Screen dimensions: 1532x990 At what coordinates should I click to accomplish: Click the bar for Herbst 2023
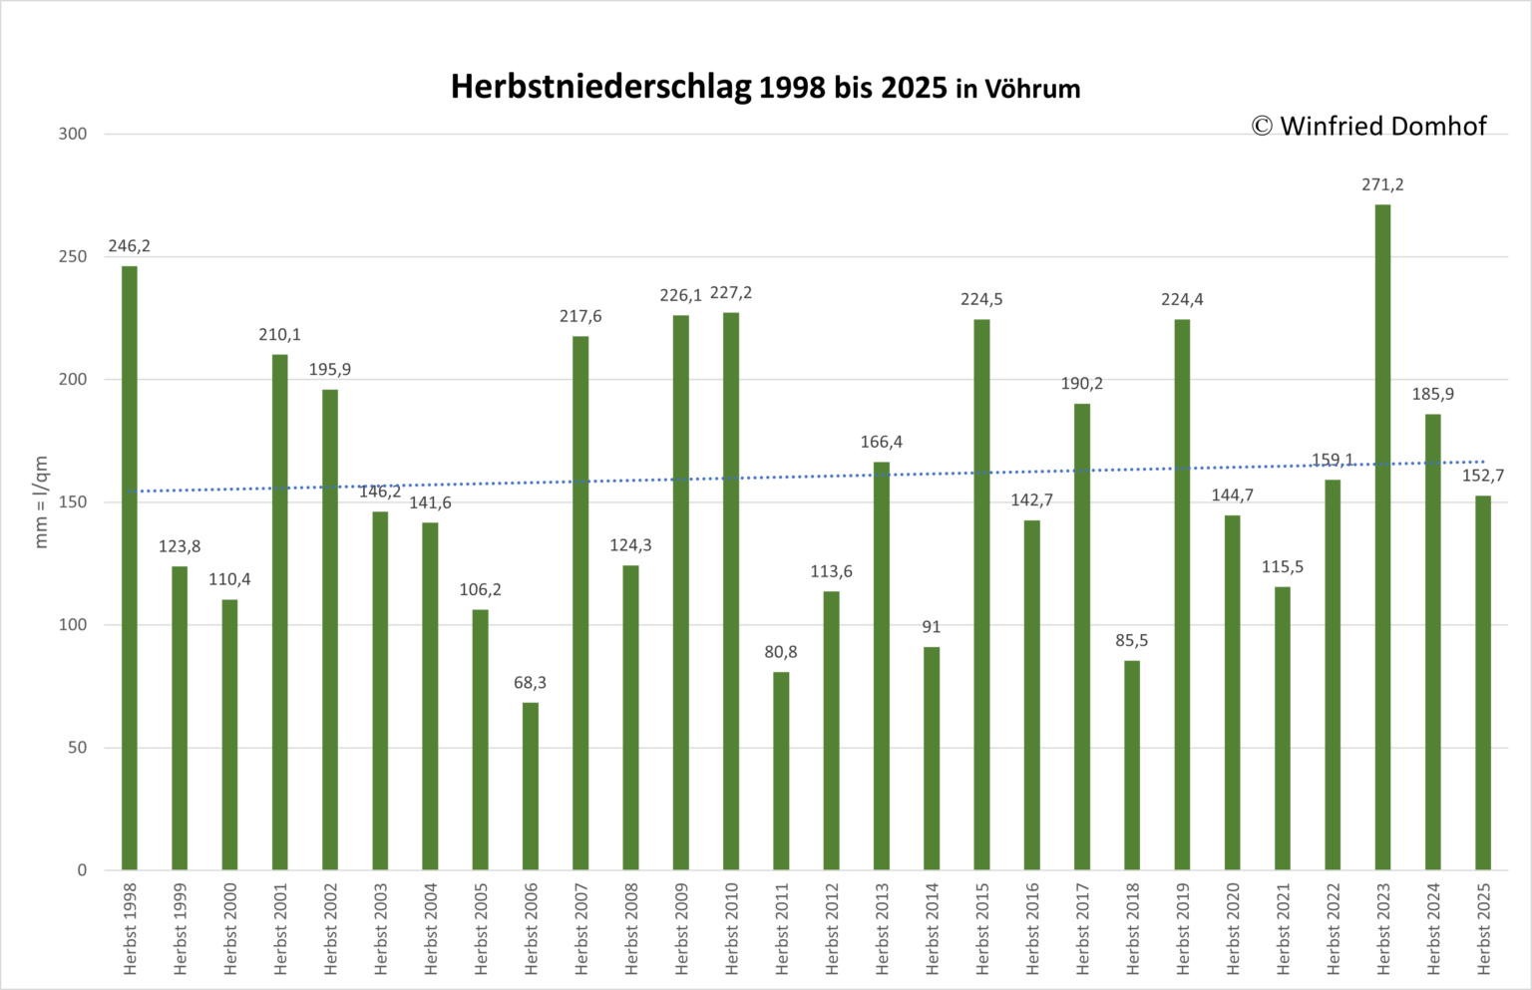pos(1382,537)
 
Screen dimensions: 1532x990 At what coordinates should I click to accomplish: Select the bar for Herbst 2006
pos(530,787)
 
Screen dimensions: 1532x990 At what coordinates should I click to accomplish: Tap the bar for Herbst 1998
pos(130,568)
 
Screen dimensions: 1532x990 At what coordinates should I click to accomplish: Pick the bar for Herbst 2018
pos(1132,766)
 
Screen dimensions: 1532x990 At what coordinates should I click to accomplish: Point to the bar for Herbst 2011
pos(781,772)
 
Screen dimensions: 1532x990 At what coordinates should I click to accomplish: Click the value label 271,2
pos(1382,184)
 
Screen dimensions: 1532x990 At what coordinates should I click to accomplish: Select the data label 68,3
pos(530,682)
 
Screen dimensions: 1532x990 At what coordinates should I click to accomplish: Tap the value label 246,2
pos(130,246)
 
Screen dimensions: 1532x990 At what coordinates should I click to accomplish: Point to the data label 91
pos(932,627)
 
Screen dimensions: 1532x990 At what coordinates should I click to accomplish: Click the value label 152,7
pos(1483,476)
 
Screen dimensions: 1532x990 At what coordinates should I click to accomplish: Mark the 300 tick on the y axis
pos(73,134)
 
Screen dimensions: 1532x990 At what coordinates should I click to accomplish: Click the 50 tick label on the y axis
pos(77,748)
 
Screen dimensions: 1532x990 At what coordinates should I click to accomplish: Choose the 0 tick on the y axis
pos(82,870)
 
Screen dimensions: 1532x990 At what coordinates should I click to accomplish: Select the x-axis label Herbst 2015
pos(982,929)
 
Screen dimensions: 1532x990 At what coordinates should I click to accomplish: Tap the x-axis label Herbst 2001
pos(279,929)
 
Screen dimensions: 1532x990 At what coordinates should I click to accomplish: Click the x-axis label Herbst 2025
pos(1483,929)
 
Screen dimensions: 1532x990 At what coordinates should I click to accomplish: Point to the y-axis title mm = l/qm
pos(41,501)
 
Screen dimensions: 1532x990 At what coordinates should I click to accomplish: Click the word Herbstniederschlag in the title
pos(600,88)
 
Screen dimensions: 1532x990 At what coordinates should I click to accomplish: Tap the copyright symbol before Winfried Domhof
pos(1262,127)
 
